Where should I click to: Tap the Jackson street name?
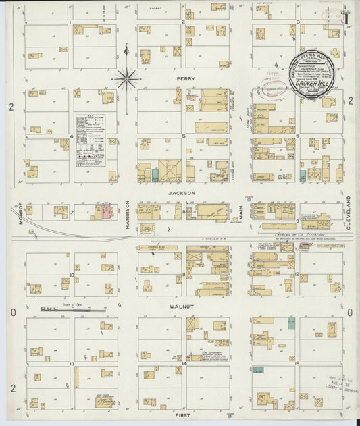point(182,193)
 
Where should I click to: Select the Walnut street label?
point(183,307)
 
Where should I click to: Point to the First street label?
point(183,417)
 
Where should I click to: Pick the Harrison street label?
point(127,215)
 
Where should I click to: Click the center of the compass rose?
point(126,79)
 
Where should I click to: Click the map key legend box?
point(90,140)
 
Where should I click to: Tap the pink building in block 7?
point(107,211)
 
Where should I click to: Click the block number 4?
point(72,136)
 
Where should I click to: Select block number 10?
point(72,275)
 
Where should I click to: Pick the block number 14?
point(184,363)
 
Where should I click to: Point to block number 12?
point(297,274)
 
